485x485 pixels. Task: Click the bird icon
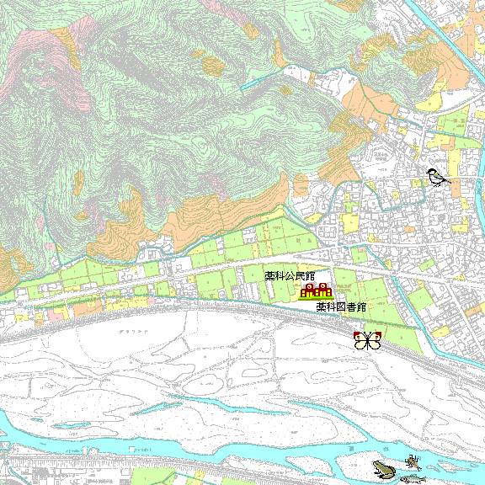(x=436, y=176)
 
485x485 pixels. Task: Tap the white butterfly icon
(x=368, y=341)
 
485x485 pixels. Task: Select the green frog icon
(x=382, y=469)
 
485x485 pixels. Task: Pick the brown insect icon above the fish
(x=412, y=461)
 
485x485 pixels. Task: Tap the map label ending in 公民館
(x=289, y=275)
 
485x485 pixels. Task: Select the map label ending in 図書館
(x=341, y=307)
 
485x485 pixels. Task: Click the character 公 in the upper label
(x=289, y=275)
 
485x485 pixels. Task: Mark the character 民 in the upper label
(x=299, y=275)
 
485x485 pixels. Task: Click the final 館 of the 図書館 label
(x=361, y=307)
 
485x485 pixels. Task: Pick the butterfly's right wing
(x=375, y=341)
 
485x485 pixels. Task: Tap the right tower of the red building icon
(x=323, y=290)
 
